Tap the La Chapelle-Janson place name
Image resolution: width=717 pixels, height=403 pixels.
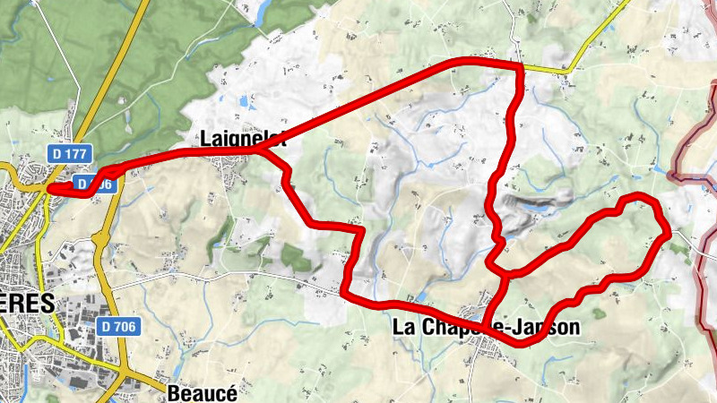tap(486, 329)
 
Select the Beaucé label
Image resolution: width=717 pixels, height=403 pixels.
tap(196, 393)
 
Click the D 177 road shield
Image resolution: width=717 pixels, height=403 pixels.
tap(69, 154)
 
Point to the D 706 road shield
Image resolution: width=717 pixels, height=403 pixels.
tap(117, 326)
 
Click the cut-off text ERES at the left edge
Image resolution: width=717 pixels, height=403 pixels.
tap(27, 303)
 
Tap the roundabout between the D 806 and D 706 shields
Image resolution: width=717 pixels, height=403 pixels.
tap(101, 238)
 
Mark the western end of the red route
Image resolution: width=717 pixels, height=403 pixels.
tap(50, 188)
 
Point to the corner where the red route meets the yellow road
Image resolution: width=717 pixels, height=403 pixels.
tap(520, 65)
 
